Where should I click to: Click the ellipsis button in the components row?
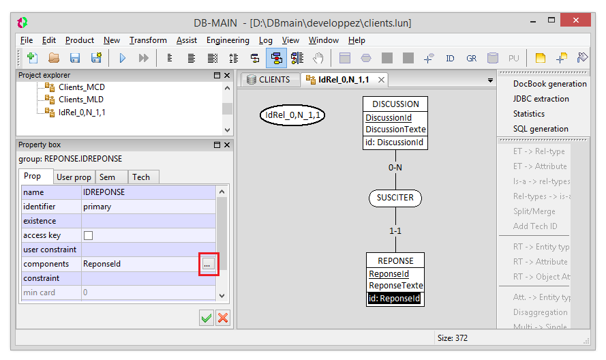tap(207, 264)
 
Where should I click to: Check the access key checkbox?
tap(88, 235)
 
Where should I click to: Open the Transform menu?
tap(148, 40)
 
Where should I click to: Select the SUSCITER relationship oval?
tap(395, 198)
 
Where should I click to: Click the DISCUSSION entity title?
tap(395, 104)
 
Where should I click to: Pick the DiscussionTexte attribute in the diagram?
tap(395, 129)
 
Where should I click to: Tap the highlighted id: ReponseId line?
tap(394, 299)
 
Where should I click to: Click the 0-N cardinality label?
tap(395, 168)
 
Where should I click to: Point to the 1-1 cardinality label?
tap(395, 231)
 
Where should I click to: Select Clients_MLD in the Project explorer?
tap(80, 100)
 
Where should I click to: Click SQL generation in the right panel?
tap(541, 129)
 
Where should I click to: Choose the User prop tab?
tap(74, 177)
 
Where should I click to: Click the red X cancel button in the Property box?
tap(223, 318)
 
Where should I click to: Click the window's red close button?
tap(575, 20)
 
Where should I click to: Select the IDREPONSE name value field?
tap(149, 192)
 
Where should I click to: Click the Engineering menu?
tap(228, 40)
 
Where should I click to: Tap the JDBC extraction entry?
tap(541, 99)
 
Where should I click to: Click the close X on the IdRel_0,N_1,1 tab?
tap(381, 80)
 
